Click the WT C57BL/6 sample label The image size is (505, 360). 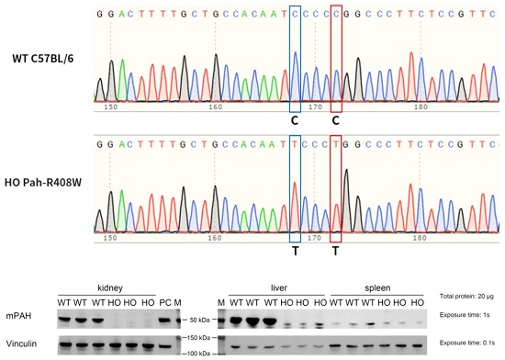pos(43,59)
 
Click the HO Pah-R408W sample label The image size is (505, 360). pos(43,183)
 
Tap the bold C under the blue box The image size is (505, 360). pos(295,120)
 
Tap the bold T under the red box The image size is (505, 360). pos(335,251)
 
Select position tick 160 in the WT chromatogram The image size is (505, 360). pos(216,107)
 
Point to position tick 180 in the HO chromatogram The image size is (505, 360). pos(420,238)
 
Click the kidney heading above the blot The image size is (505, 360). pos(110,287)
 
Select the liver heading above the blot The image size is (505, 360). pos(279,287)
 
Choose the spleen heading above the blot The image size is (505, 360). pos(377,287)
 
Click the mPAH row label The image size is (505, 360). pos(18,316)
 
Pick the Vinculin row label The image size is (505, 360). pos(21,343)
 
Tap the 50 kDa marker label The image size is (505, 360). pos(200,321)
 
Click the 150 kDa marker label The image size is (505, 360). pos(198,338)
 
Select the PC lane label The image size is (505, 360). pos(165,303)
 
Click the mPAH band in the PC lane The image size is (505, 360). pos(164,321)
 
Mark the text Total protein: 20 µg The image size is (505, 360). pos(466,297)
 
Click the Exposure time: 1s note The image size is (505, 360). pos(465,315)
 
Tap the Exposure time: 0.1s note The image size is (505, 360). pos(467,343)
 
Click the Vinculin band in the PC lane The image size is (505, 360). pos(164,346)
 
